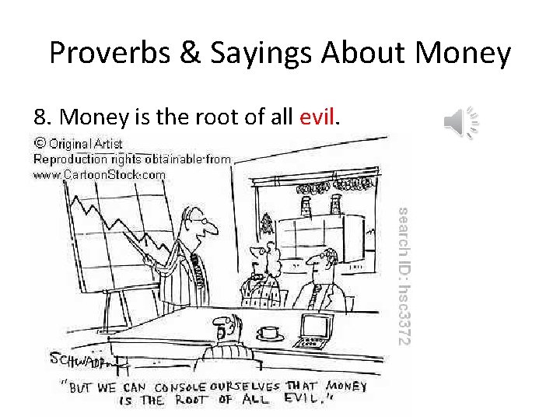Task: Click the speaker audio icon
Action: coord(460,122)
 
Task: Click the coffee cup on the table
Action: coord(270,332)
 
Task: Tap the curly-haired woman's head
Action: coord(268,261)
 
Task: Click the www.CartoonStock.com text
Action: coord(99,175)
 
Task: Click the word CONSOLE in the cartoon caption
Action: coord(187,387)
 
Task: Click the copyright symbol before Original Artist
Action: coord(39,143)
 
